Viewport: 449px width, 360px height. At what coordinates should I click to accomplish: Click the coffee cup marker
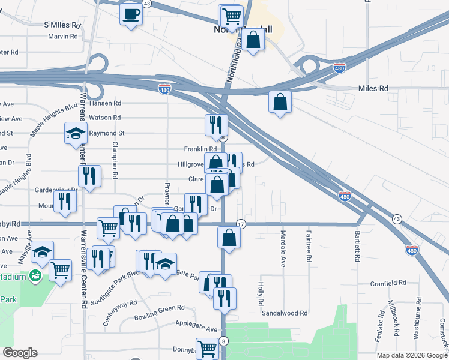pos(131,13)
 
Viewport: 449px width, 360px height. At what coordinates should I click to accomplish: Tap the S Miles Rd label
pos(62,25)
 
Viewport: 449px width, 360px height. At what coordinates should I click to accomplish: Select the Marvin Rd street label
pos(64,36)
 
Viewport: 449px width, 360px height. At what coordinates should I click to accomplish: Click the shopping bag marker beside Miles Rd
pos(280,102)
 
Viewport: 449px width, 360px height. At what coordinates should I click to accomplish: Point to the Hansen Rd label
pos(105,103)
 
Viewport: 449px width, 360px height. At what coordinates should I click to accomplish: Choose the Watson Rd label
pos(105,118)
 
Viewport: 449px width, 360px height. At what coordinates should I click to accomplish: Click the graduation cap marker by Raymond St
pos(76,133)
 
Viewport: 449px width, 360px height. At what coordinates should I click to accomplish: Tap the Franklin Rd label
pos(200,149)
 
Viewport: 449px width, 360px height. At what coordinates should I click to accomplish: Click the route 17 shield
pos(241,223)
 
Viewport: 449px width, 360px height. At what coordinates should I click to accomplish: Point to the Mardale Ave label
pos(282,248)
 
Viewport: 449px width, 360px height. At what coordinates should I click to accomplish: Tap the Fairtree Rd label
pos(309,246)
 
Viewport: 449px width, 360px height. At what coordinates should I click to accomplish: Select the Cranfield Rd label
pos(388,283)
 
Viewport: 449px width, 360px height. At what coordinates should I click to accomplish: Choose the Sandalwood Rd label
pos(285,313)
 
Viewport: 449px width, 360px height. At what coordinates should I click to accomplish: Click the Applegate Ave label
pos(196,329)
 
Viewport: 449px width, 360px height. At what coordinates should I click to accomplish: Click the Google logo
pos(20,353)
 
